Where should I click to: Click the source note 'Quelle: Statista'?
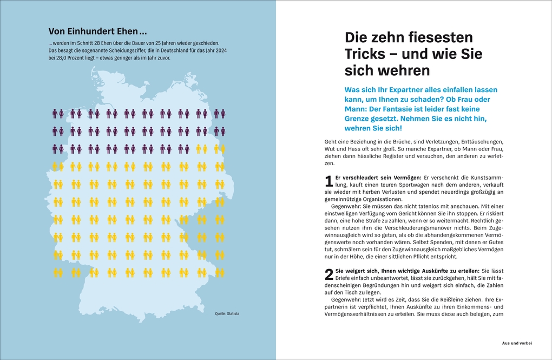click(x=227, y=313)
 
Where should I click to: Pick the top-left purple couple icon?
click(x=58, y=114)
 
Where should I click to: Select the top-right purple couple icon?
click(x=219, y=114)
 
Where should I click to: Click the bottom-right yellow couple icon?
click(x=219, y=272)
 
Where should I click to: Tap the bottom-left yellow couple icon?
click(x=58, y=272)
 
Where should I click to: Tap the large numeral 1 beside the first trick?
click(x=328, y=182)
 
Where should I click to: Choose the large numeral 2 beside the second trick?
click(x=328, y=274)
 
